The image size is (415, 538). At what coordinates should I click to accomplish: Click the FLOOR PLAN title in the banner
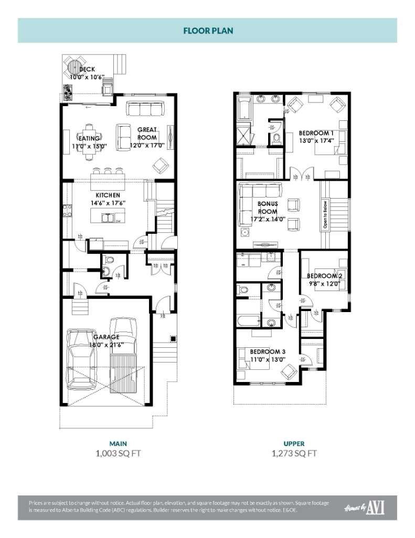(208, 30)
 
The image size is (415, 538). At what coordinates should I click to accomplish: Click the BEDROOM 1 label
(316, 133)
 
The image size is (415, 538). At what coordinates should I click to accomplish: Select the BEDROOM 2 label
(324, 276)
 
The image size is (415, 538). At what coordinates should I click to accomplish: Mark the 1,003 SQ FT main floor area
(118, 453)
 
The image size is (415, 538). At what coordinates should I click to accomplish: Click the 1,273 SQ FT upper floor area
(294, 453)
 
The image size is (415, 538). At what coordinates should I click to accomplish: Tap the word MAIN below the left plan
(118, 443)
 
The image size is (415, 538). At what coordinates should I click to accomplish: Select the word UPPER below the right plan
(294, 443)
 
